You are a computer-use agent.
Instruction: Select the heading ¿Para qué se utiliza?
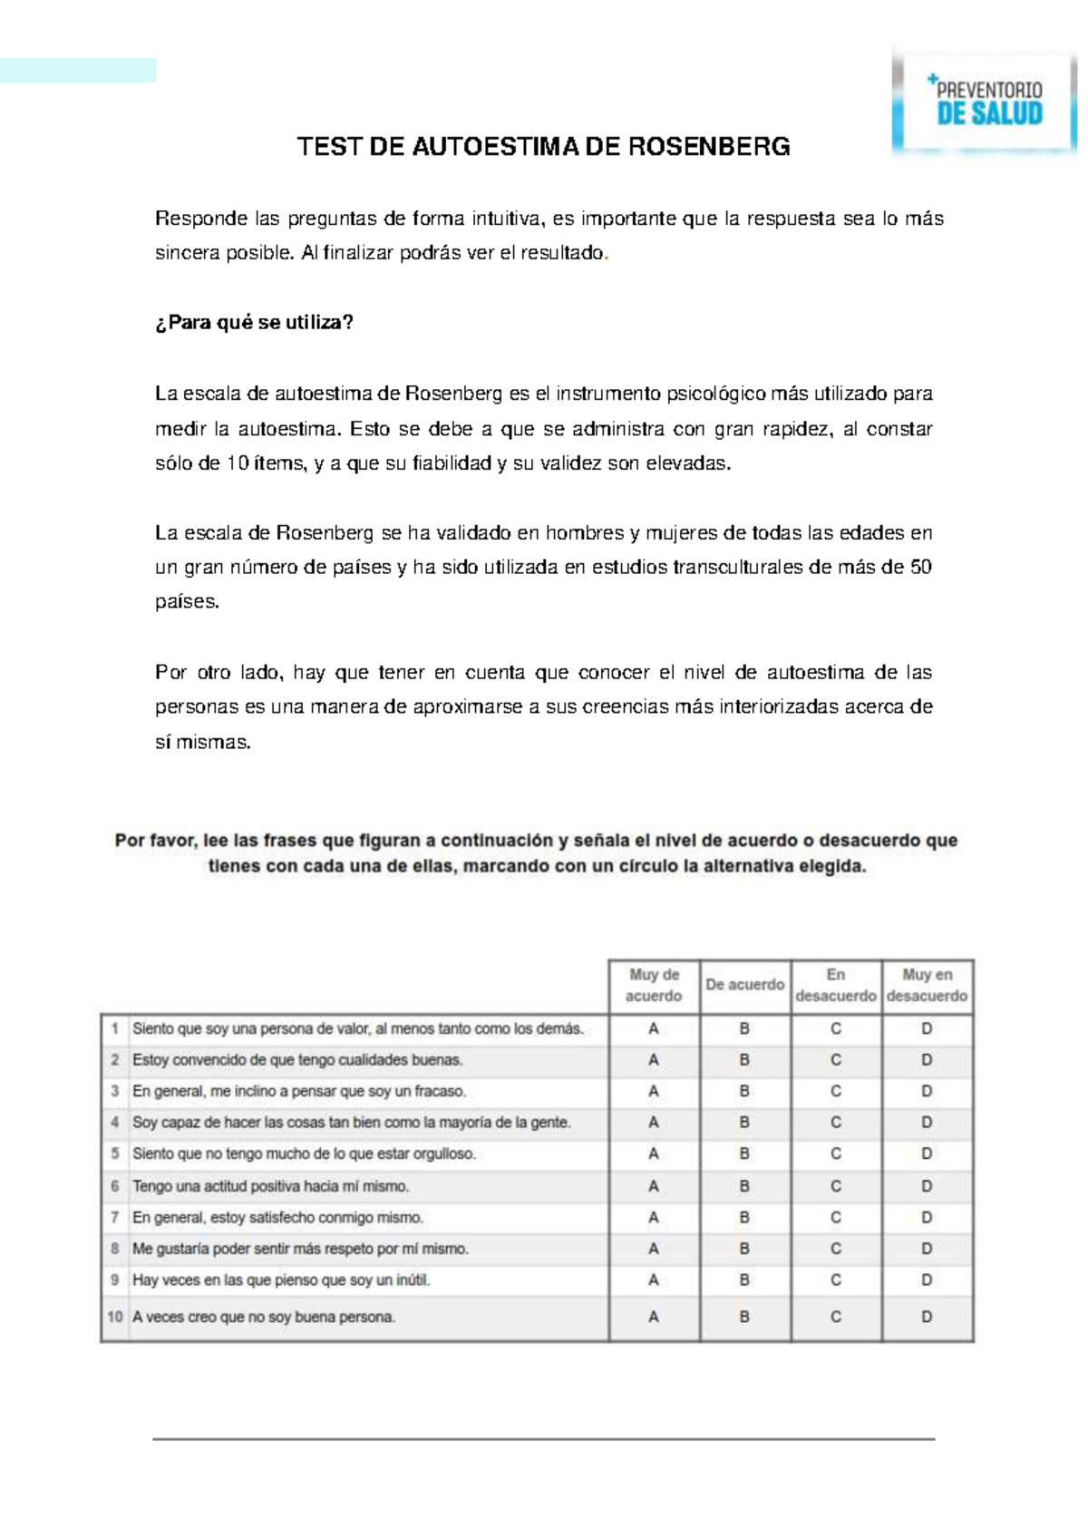(254, 323)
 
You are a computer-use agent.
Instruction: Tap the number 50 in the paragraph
(920, 568)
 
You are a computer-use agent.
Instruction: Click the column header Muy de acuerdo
(654, 986)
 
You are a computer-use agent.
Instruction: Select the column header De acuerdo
(744, 985)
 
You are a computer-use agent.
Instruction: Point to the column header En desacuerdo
(835, 986)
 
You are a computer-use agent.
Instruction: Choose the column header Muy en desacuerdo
(927, 986)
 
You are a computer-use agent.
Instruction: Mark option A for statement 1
(654, 1029)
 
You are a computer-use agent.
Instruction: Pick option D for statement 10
(927, 1317)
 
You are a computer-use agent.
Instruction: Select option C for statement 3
(835, 1092)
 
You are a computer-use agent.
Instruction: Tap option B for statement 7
(744, 1218)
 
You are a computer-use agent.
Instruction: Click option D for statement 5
(927, 1154)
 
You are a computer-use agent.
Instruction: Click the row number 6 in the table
(115, 1186)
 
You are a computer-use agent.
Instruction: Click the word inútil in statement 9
(413, 1280)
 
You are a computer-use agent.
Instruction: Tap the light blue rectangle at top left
(78, 71)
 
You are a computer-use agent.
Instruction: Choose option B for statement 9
(744, 1280)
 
